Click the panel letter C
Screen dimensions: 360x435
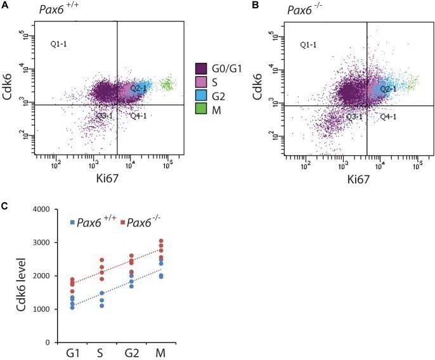coord(5,206)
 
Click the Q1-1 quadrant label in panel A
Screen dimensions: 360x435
coord(60,44)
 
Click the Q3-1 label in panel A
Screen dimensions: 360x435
coord(105,117)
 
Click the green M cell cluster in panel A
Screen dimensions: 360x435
coord(167,84)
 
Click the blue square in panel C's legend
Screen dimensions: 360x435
coord(72,222)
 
